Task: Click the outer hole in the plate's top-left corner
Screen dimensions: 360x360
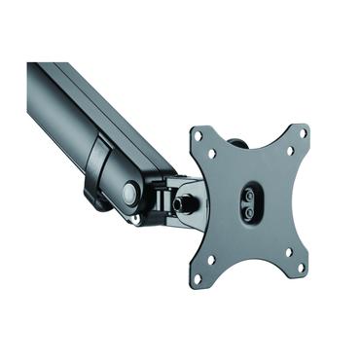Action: (199, 137)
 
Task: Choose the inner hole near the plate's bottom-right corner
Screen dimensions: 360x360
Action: (286, 253)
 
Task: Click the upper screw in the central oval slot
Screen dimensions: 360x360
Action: (251, 195)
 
